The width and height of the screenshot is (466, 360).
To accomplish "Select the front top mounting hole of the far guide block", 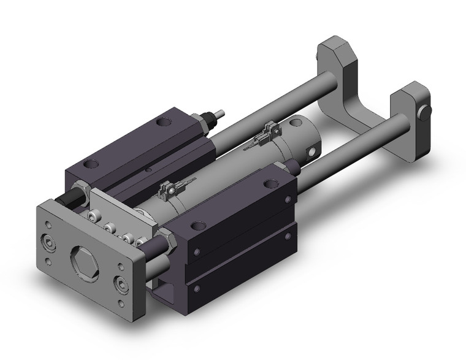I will pos(91,164).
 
